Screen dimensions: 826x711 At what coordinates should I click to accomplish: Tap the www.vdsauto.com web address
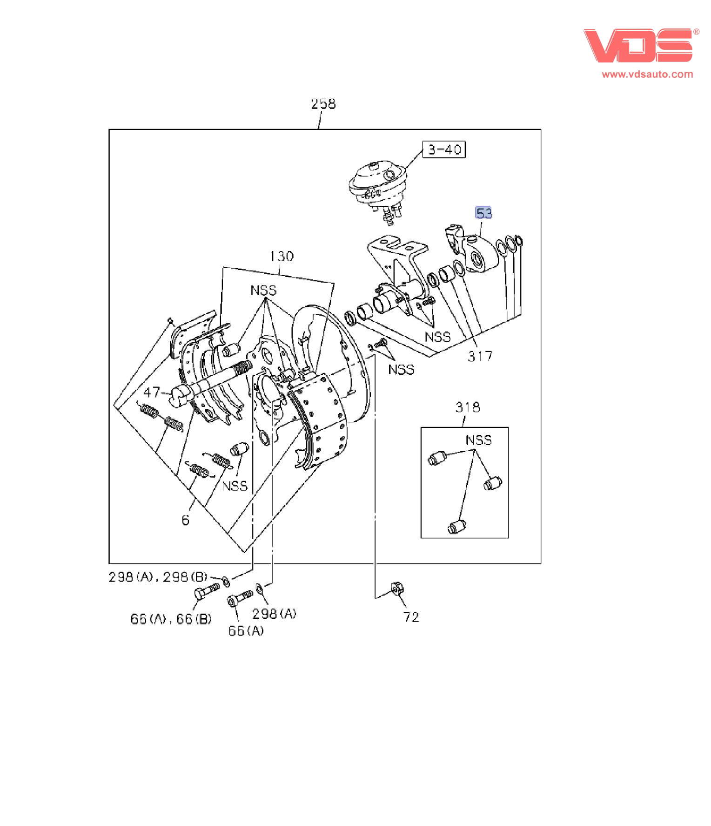pos(647,74)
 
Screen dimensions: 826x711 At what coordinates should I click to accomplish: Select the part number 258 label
pos(323,104)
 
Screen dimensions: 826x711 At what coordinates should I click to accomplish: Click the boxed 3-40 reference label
pos(443,149)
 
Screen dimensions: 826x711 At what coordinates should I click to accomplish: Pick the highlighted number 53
pos(483,213)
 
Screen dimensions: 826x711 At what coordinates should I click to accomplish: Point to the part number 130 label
pos(282,256)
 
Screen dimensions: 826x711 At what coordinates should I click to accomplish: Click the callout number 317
pos(480,357)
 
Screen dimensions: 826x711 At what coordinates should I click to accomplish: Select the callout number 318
pos(467,407)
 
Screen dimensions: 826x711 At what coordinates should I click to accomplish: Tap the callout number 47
pos(152,392)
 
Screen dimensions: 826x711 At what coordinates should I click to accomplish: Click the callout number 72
pos(411,617)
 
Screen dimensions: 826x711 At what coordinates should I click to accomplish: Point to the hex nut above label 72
pos(397,589)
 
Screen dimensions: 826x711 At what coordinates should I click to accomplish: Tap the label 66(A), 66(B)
pos(170,619)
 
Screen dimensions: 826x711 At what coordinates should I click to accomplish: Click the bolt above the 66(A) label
pos(240,598)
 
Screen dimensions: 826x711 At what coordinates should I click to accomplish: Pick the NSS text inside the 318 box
pos(478,440)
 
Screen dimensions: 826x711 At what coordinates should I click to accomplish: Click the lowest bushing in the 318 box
pos(456,526)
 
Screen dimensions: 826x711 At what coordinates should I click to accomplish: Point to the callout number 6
pos(185,520)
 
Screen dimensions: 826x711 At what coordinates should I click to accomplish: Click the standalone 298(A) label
pos(274,614)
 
